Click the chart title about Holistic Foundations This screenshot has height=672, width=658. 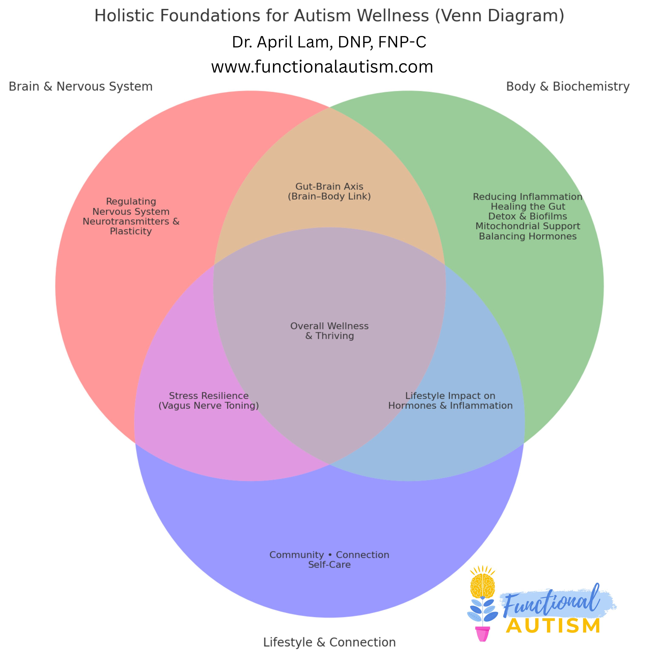point(329,16)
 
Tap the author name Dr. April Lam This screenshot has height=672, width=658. point(329,42)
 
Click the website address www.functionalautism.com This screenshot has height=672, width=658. point(322,67)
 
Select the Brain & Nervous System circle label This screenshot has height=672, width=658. point(80,86)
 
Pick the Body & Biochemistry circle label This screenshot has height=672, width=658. point(568,86)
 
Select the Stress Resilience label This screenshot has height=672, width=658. point(209,396)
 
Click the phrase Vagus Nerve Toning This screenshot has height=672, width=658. point(209,406)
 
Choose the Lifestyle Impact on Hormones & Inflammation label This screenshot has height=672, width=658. point(450,401)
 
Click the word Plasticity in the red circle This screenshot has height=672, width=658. point(131,231)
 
